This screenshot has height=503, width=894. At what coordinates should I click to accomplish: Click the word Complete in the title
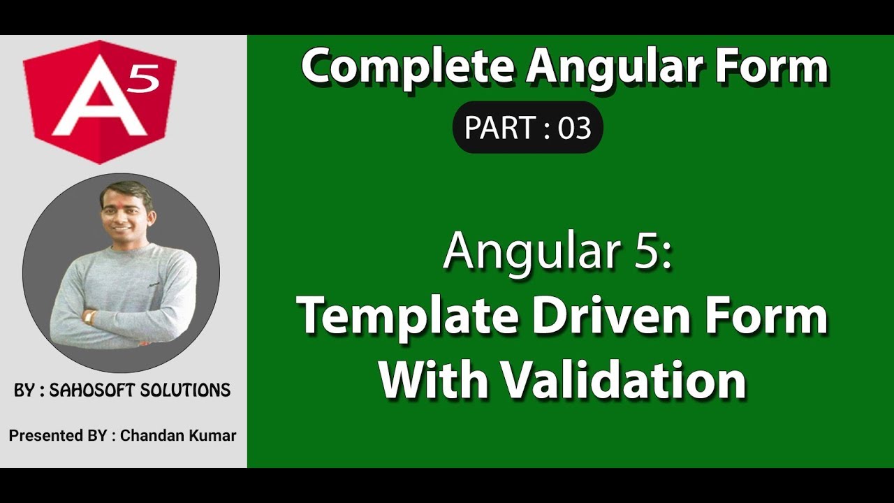pos(408,68)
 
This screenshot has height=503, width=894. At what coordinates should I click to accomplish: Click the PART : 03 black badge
pos(527,128)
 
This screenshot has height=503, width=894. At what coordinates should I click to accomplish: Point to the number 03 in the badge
pos(574,128)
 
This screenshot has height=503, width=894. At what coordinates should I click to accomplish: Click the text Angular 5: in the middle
pos(557,251)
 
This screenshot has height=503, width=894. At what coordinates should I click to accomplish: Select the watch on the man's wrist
pos(89,316)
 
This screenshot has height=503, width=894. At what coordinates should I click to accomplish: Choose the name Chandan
pos(149,436)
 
